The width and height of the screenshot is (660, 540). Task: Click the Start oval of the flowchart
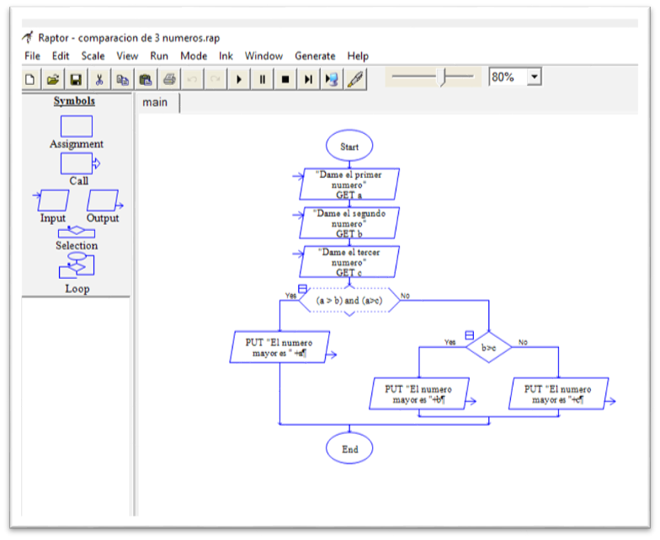(x=349, y=146)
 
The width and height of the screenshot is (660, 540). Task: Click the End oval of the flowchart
(x=349, y=449)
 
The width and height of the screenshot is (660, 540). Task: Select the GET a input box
(x=349, y=184)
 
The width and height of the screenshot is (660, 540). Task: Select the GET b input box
(x=349, y=223)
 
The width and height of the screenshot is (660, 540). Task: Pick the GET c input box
(x=349, y=261)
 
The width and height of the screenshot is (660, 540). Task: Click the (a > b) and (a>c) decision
(x=349, y=300)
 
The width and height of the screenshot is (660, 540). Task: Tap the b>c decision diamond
(x=488, y=346)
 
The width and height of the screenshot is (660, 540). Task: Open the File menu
(x=32, y=56)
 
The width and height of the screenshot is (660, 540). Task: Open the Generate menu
(x=315, y=56)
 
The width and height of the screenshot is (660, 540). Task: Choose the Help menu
(x=358, y=56)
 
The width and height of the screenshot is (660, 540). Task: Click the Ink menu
(x=226, y=56)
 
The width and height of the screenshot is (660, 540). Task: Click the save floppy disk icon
(x=76, y=79)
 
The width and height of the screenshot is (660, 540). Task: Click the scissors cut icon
(x=98, y=79)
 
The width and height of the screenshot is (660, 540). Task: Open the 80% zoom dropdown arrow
(x=534, y=77)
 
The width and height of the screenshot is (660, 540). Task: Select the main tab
(x=155, y=103)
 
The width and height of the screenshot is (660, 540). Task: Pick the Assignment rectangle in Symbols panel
(x=77, y=126)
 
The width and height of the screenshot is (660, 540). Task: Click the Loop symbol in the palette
(x=77, y=268)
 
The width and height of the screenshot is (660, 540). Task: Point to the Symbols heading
(x=75, y=101)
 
